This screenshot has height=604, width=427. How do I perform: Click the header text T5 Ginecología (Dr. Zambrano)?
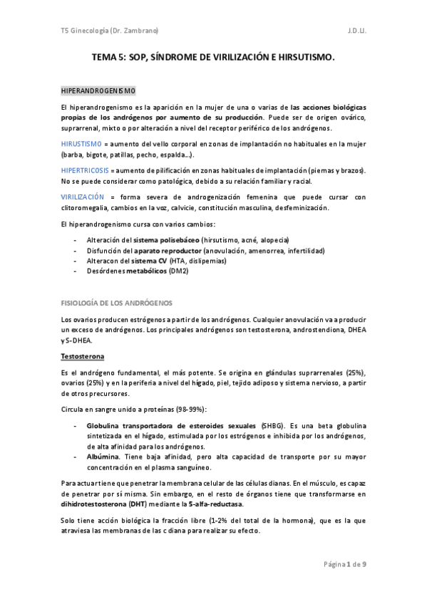pyautogui.click(x=110, y=31)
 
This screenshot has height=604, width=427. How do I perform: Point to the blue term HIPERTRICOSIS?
pyautogui.click(x=85, y=170)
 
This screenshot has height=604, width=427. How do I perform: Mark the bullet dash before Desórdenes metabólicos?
pyautogui.click(x=76, y=272)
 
